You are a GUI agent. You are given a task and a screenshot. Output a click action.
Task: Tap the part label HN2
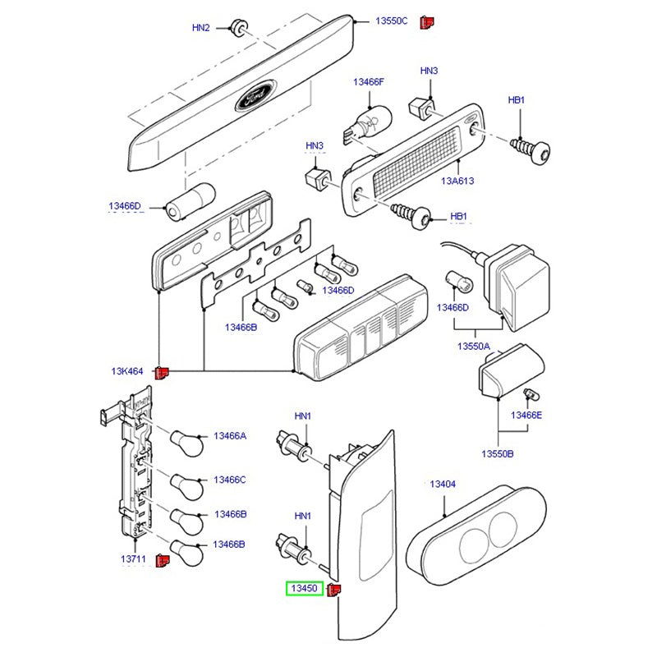click(201, 27)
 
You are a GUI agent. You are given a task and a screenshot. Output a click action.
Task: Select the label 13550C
click(392, 21)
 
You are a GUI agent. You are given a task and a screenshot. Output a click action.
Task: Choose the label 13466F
click(369, 82)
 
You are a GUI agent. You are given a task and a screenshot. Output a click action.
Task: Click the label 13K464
click(127, 371)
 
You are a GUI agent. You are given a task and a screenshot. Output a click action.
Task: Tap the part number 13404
click(442, 485)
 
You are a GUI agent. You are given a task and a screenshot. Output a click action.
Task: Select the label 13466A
click(230, 435)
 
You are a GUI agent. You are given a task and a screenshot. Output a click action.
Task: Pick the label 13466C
click(230, 479)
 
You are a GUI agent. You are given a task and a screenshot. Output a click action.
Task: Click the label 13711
click(133, 558)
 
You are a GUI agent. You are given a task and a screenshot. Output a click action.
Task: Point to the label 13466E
click(526, 416)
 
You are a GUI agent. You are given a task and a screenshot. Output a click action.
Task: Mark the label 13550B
click(497, 453)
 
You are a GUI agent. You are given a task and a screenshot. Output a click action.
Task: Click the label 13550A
click(474, 347)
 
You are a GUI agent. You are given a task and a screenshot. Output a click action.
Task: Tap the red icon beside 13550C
click(426, 22)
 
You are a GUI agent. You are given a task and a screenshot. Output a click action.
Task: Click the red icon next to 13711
click(163, 560)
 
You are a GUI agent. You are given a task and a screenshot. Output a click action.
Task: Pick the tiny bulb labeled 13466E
click(529, 397)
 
